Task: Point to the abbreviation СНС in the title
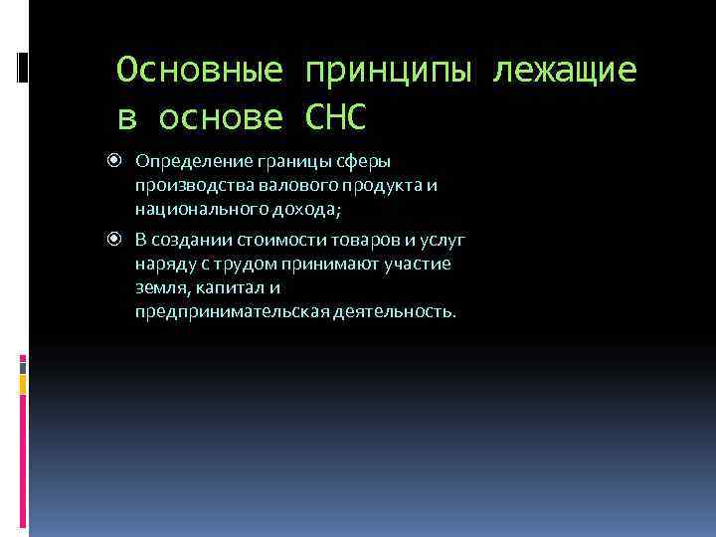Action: tap(336, 118)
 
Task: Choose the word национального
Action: tap(191, 210)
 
